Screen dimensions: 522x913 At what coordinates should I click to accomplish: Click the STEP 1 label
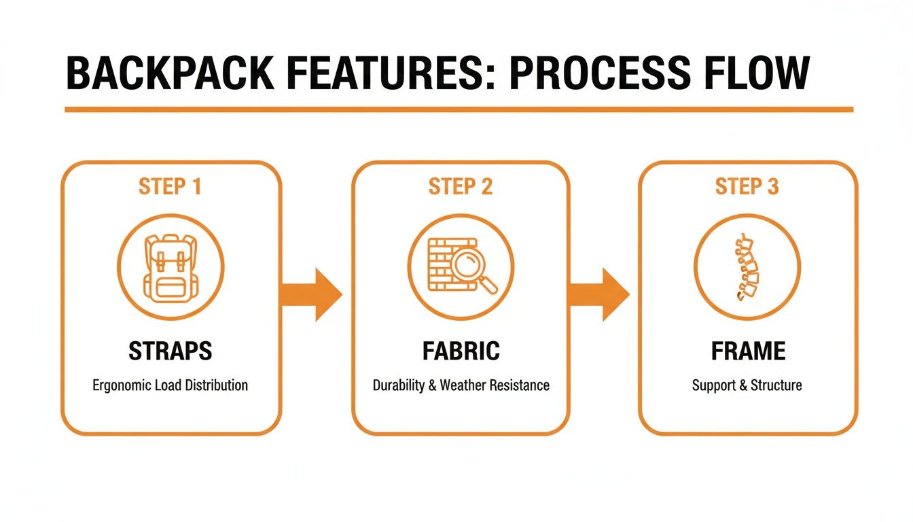tap(170, 187)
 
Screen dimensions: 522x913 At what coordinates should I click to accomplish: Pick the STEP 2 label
tap(460, 187)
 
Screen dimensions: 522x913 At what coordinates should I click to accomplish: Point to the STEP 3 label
tap(747, 187)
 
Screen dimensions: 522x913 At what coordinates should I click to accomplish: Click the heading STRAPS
tap(170, 351)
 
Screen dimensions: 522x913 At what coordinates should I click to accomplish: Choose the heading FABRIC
tap(461, 351)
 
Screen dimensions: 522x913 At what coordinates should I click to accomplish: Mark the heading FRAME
tap(748, 351)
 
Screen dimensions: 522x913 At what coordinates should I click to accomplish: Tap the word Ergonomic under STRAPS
tap(122, 385)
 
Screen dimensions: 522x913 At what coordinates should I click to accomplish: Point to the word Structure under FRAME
tap(775, 385)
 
